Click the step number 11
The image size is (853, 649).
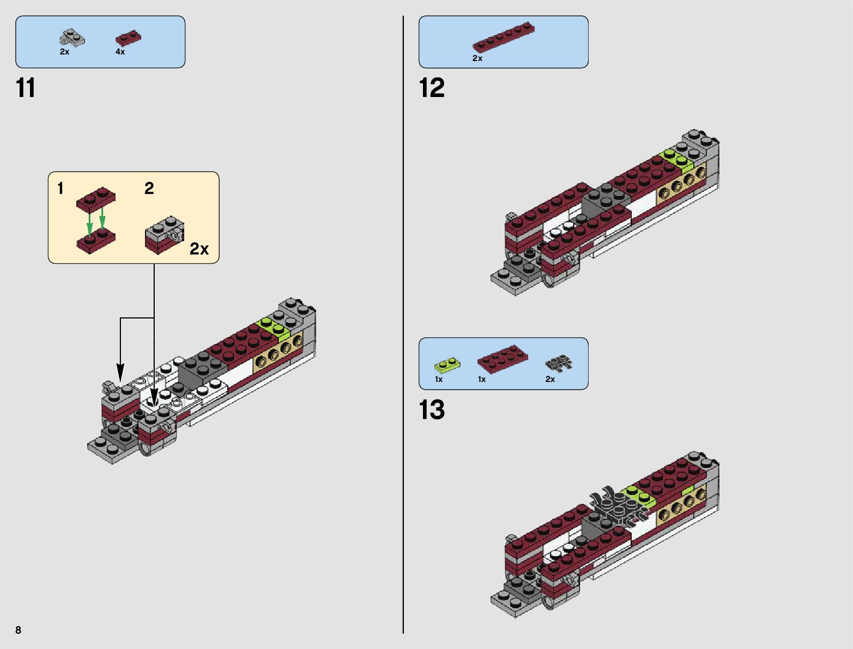pyautogui.click(x=26, y=88)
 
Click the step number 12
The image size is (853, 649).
pyautogui.click(x=432, y=88)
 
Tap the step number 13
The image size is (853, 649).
pyautogui.click(x=432, y=410)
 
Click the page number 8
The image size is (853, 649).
pyautogui.click(x=18, y=630)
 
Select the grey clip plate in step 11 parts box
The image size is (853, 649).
pyautogui.click(x=71, y=39)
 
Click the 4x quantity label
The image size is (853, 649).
pyautogui.click(x=120, y=52)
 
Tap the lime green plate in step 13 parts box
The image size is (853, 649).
pyautogui.click(x=447, y=365)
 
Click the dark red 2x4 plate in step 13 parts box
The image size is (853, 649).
pyautogui.click(x=503, y=359)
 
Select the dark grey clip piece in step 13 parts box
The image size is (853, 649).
pyautogui.click(x=558, y=363)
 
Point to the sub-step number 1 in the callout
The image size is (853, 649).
pyautogui.click(x=61, y=189)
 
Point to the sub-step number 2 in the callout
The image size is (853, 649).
pyautogui.click(x=149, y=189)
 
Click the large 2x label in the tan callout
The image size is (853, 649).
pyautogui.click(x=199, y=248)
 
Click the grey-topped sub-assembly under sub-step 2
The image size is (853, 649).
pyautogui.click(x=164, y=234)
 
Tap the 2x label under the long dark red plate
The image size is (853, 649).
pyautogui.click(x=477, y=58)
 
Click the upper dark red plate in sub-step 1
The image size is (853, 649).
pyautogui.click(x=96, y=199)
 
